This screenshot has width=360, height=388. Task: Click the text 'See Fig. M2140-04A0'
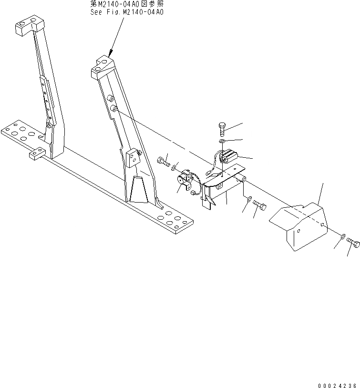127,12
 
